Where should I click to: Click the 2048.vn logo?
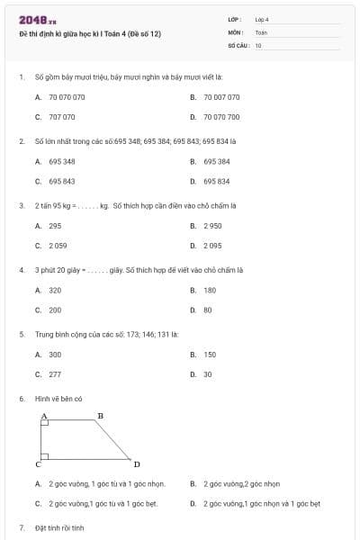point(31,19)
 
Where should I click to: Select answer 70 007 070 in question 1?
point(221,96)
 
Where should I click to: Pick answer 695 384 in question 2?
point(217,161)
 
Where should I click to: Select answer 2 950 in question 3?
point(212,226)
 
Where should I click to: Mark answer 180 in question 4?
point(210,290)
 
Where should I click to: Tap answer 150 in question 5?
point(210,355)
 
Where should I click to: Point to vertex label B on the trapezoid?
point(100,415)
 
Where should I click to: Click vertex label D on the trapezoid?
point(137,464)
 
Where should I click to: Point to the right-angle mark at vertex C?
point(45,456)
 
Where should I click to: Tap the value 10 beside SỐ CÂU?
point(258,44)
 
